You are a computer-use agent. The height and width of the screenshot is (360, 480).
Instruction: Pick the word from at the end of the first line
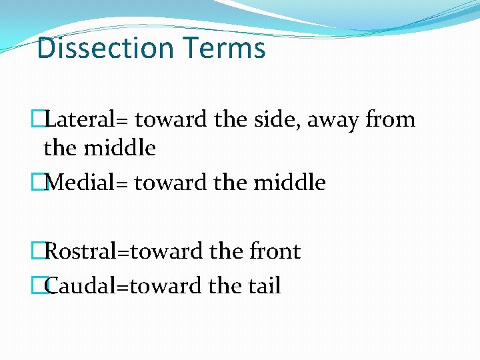pos(391,120)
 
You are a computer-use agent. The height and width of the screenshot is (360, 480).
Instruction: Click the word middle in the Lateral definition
pos(119,148)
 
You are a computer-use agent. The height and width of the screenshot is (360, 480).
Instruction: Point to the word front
pos(274,252)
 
